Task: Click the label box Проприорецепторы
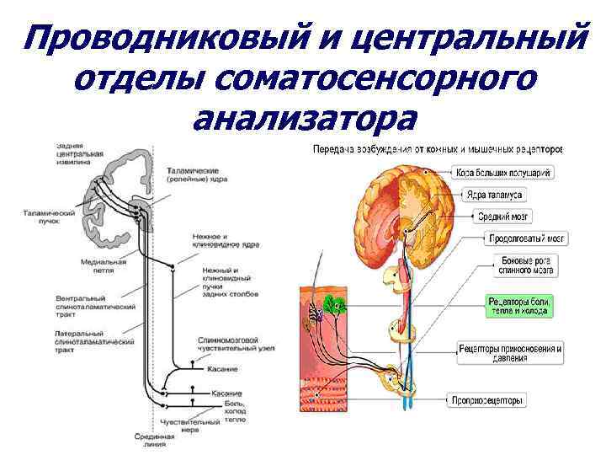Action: pyautogui.click(x=487, y=400)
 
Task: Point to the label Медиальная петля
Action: pyautogui.click(x=103, y=265)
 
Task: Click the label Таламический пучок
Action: pyautogui.click(x=48, y=217)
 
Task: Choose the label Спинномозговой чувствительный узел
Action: pyautogui.click(x=228, y=344)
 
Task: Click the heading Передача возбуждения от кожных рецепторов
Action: pyautogui.click(x=437, y=149)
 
